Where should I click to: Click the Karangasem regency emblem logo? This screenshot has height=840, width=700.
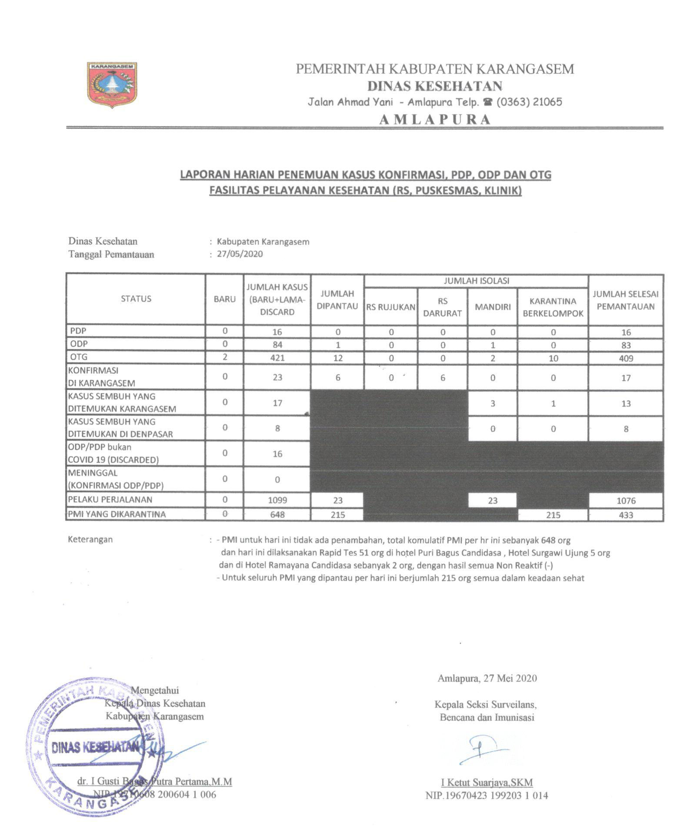(x=112, y=84)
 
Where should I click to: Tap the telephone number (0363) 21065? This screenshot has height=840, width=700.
(x=529, y=102)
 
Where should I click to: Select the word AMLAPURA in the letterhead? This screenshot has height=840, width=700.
(x=435, y=120)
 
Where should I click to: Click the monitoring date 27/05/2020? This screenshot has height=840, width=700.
(x=240, y=254)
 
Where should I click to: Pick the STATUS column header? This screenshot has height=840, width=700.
(x=136, y=299)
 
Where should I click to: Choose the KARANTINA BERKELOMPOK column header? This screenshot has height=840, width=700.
(x=553, y=307)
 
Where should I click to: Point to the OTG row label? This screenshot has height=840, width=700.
(x=79, y=357)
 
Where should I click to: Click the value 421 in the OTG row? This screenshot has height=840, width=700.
(x=277, y=358)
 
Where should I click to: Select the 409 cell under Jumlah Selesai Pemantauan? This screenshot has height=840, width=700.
(x=626, y=359)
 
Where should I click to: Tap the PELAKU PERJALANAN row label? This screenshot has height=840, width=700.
(x=110, y=500)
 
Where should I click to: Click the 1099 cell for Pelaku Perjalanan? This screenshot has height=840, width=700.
(x=277, y=501)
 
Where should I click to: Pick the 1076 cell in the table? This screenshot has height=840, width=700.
(x=626, y=501)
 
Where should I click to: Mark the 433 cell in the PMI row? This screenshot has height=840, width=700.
(x=626, y=515)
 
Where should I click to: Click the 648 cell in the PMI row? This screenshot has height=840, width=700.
(x=277, y=514)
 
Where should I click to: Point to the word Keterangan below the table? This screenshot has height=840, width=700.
(x=90, y=539)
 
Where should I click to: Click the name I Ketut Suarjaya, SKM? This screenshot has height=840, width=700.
(x=487, y=782)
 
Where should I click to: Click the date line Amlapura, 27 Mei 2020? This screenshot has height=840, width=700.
(x=487, y=678)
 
